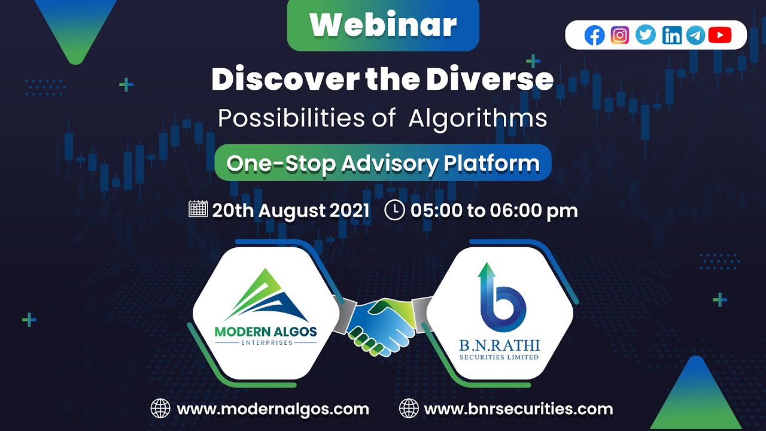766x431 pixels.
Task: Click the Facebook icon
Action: pyautogui.click(x=594, y=36)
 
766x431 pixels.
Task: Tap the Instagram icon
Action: pyautogui.click(x=620, y=36)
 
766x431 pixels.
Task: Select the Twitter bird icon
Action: pyautogui.click(x=646, y=36)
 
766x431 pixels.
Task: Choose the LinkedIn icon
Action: pyautogui.click(x=671, y=36)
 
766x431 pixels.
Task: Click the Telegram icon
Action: pyautogui.click(x=695, y=36)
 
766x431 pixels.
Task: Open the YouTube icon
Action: pyautogui.click(x=720, y=36)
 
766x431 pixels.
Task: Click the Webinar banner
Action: pyautogui.click(x=383, y=25)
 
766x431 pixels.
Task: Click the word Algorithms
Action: pyautogui.click(x=478, y=119)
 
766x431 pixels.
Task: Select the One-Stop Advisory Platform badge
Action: pyautogui.click(x=383, y=163)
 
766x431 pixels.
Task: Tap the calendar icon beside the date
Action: pyautogui.click(x=197, y=210)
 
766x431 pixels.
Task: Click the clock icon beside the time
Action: pyautogui.click(x=394, y=210)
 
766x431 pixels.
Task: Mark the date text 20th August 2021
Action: pyautogui.click(x=291, y=211)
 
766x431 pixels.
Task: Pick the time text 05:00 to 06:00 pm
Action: pyautogui.click(x=494, y=211)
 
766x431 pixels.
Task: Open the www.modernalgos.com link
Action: pyautogui.click(x=273, y=409)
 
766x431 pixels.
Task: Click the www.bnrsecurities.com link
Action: pyautogui.click(x=518, y=409)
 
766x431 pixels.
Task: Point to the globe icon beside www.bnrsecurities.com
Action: pyautogui.click(x=409, y=409)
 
